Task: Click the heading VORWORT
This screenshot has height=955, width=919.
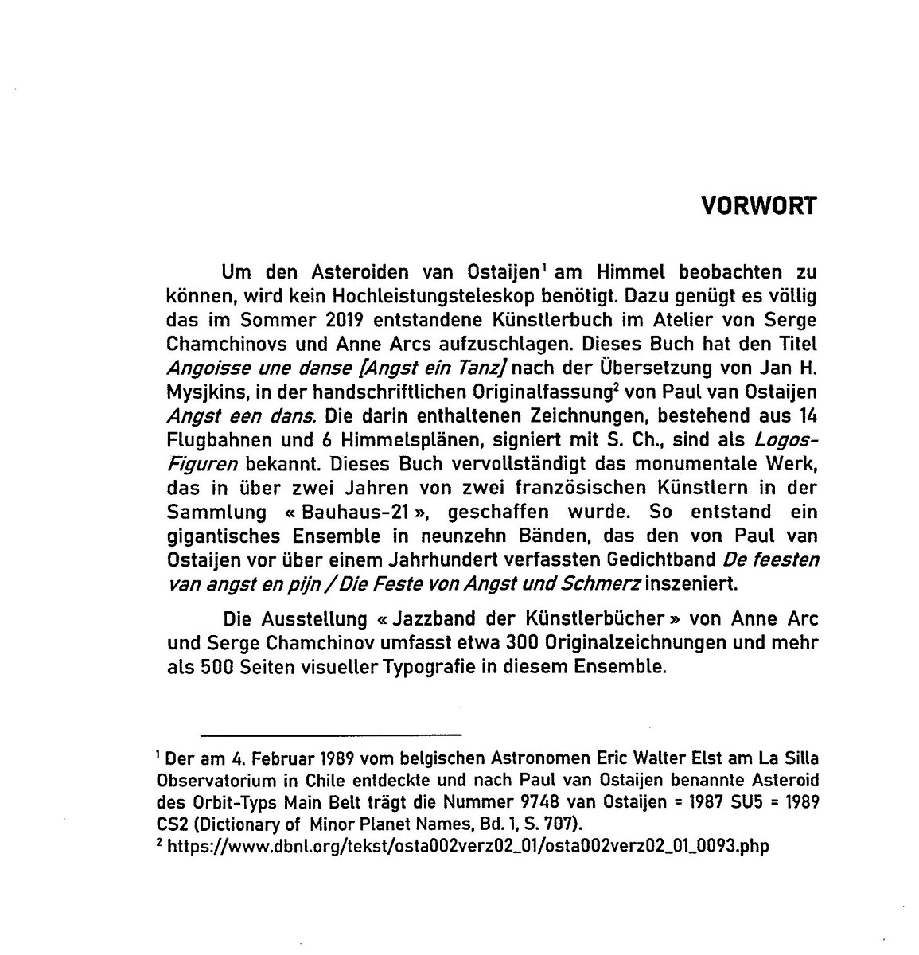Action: click(758, 206)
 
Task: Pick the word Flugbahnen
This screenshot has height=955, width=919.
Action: click(211, 440)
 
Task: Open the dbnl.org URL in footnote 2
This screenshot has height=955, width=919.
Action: click(466, 846)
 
